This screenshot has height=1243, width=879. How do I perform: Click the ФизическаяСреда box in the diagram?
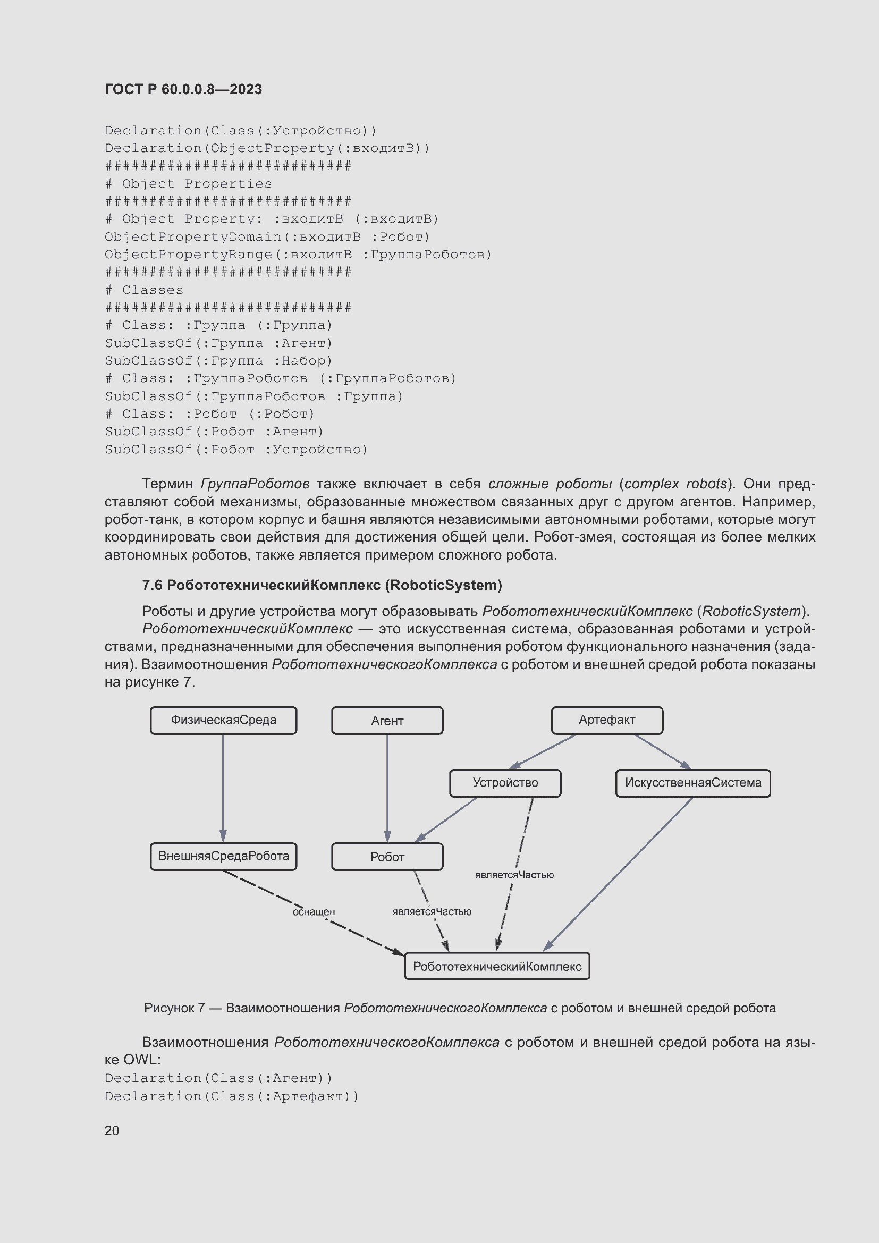223,720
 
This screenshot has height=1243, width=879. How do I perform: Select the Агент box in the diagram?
387,721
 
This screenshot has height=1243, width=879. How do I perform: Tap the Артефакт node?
607,720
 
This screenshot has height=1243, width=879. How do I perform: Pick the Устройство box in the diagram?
505,783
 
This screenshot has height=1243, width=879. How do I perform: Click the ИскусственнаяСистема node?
693,783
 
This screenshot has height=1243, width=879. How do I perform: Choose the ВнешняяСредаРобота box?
223,857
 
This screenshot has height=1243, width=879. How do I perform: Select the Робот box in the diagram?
387,857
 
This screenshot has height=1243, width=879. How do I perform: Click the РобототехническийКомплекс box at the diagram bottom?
497,967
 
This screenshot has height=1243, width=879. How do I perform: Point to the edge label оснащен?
314,912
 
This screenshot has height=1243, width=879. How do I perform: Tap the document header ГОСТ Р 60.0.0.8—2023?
183,89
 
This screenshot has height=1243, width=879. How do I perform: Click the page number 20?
112,1130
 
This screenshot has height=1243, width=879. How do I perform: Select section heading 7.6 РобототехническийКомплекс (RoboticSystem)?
322,585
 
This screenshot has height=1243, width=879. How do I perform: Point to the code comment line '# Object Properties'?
188,183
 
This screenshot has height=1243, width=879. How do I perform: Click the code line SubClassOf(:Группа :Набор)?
218,360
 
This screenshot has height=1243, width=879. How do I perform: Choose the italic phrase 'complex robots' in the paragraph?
675,484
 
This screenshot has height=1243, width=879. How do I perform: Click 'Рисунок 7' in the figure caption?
174,1008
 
